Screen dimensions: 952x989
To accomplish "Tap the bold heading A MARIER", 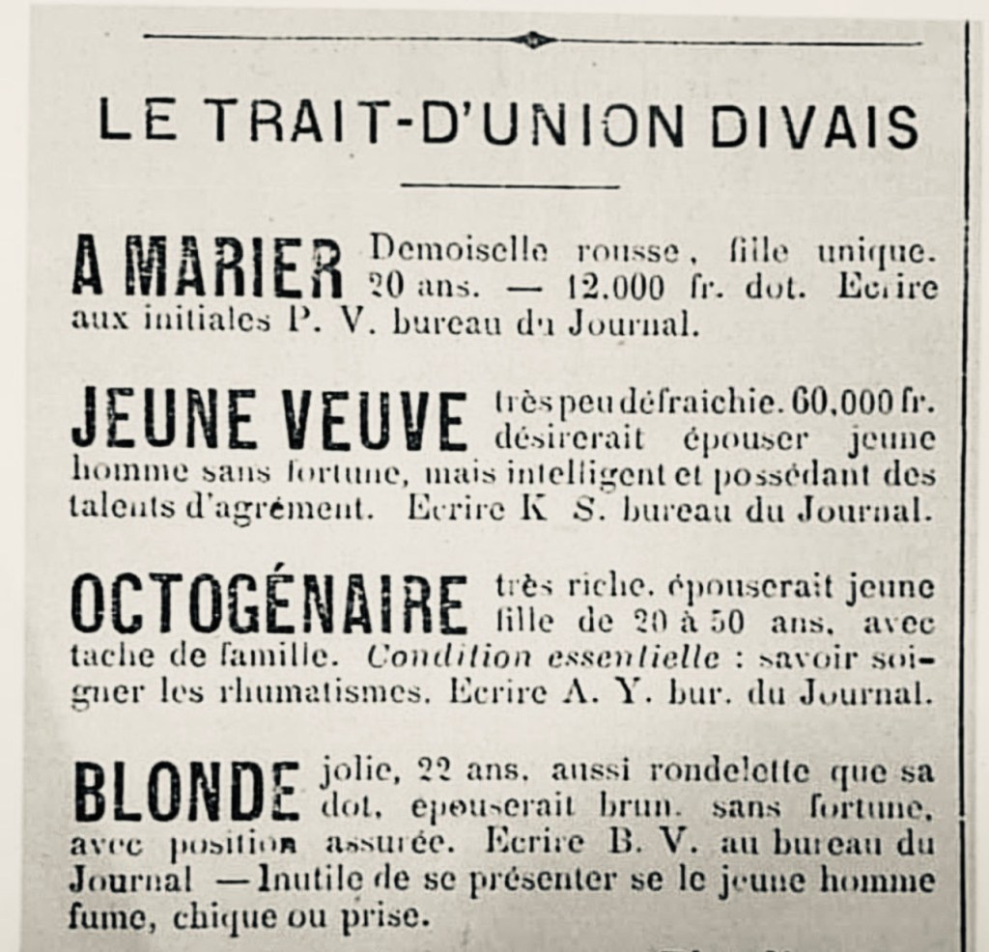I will (208, 267).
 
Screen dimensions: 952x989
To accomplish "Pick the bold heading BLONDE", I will (186, 790).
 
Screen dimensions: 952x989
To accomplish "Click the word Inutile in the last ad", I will (308, 881).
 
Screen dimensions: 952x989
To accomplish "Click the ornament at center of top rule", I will (534, 40).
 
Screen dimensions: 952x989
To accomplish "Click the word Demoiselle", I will (459, 253).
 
